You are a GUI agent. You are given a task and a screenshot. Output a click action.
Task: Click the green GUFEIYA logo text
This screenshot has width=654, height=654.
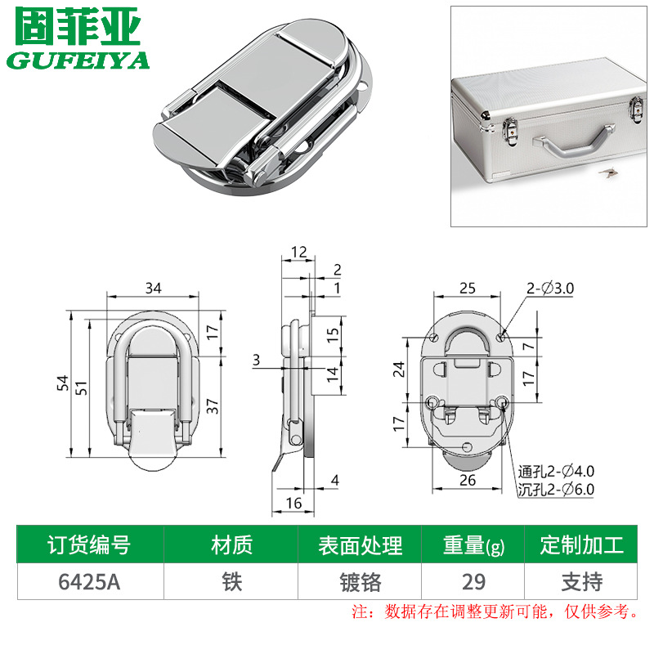point(78,60)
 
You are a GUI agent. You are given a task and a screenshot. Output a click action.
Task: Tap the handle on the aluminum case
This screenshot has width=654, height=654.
point(575,143)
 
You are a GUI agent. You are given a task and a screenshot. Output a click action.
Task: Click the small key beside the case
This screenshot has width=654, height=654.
point(608,172)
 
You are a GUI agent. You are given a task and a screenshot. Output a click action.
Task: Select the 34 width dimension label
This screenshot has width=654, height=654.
point(153,288)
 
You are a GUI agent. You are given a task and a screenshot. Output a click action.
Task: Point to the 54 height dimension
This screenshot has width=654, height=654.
point(63,383)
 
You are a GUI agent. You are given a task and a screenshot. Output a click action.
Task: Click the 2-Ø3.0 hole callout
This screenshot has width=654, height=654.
point(550,289)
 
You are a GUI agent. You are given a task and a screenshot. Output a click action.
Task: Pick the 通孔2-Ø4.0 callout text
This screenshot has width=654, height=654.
point(556,472)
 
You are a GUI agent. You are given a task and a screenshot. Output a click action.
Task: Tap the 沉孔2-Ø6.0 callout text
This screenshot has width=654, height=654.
point(556,489)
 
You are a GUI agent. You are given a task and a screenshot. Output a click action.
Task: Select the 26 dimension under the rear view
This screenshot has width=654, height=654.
point(468,480)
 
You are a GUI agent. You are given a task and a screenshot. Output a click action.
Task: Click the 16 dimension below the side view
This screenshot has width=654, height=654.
point(293,504)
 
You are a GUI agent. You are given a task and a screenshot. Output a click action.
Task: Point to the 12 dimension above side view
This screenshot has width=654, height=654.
point(298,252)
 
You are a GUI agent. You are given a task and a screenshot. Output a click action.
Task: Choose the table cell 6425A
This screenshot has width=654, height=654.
point(89,582)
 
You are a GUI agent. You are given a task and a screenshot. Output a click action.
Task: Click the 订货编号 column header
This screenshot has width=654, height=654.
point(89,544)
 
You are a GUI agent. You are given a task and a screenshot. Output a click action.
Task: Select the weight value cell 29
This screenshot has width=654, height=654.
point(473,582)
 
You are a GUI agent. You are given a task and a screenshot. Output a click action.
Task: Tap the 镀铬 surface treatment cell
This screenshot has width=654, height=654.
point(361,582)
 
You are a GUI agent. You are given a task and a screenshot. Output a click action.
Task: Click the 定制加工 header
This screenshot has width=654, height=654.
point(582,544)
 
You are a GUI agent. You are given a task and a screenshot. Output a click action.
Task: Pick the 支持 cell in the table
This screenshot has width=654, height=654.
point(582,582)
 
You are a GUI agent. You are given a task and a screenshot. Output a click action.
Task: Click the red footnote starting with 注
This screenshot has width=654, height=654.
point(495,611)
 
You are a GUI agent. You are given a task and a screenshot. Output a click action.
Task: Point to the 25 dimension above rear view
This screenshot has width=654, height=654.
point(467,289)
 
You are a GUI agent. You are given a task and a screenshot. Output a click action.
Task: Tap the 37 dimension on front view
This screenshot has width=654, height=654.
point(213,405)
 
